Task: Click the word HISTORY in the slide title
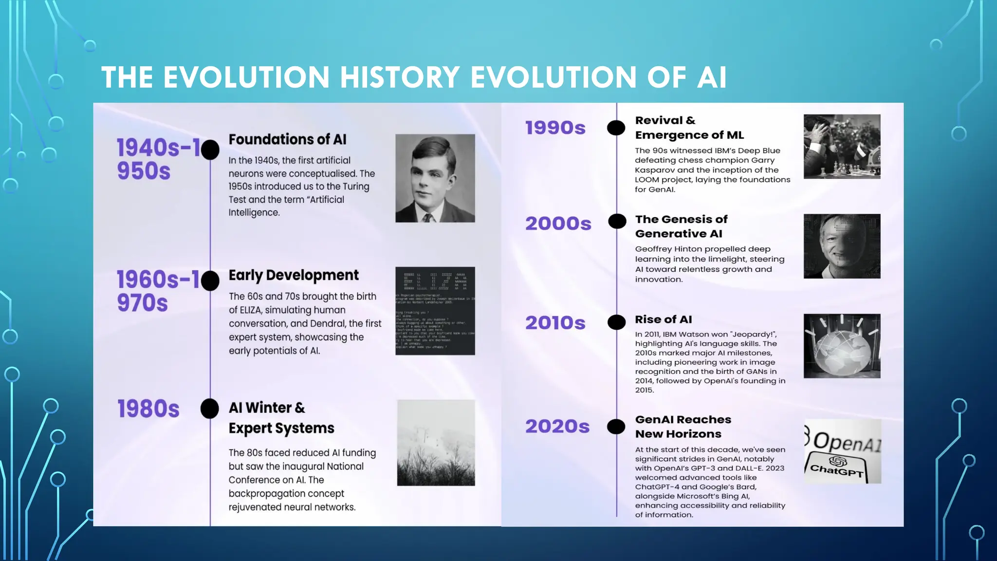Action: [x=400, y=77]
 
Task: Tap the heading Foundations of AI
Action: [x=287, y=140]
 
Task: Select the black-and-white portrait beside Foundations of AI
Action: [x=435, y=178]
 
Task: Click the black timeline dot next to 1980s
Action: [x=210, y=409]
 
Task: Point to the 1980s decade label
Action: [x=148, y=409]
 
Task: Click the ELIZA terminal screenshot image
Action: [x=435, y=311]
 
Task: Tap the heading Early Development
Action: [x=294, y=275]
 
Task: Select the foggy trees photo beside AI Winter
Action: [x=436, y=443]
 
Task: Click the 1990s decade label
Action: [x=555, y=128]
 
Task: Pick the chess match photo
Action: [x=842, y=146]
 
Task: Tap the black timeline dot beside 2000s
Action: [x=617, y=221]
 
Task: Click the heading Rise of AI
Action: [x=663, y=319]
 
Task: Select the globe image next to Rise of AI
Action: [x=842, y=346]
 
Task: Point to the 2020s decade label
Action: [x=557, y=427]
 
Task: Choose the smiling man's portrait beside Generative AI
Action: [x=842, y=246]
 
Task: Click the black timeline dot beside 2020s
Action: [x=616, y=427]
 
